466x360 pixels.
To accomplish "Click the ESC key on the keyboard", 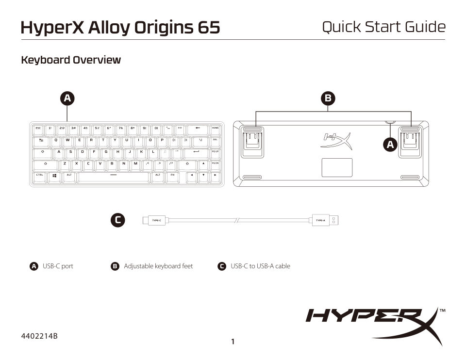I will point(38,129).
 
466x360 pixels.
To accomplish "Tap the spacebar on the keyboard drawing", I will point(113,175).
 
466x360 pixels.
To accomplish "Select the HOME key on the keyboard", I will point(216,129).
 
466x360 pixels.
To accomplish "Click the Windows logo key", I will point(54,175).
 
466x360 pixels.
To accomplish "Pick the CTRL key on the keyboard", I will point(39,175).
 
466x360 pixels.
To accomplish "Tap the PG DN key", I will point(216,164).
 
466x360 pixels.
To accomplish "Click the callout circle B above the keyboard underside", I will point(328,98).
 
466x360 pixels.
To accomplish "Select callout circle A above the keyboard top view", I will point(67,98).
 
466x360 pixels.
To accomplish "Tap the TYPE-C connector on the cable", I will point(156,220).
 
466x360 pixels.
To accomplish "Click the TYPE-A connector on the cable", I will point(320,220).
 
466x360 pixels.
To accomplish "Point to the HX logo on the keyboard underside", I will point(335,140).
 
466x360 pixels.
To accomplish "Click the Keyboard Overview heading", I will point(71,60).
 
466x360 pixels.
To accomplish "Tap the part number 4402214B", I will point(39,336).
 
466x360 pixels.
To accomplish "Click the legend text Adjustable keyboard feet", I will point(158,266).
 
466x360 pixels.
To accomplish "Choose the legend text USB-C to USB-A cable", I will point(260,266).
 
